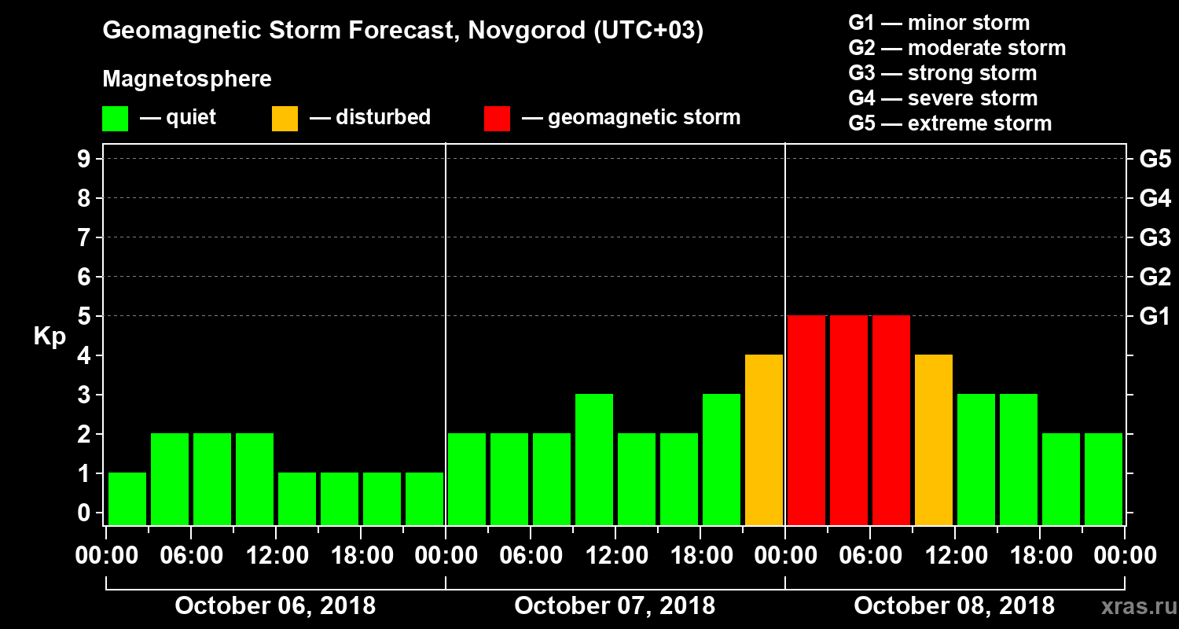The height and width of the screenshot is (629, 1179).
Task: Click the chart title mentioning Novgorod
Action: (x=402, y=31)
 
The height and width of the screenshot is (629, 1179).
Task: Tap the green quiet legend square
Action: (x=115, y=119)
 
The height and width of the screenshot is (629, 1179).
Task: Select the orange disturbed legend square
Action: (x=285, y=119)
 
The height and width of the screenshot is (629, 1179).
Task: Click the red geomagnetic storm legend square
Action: (x=497, y=119)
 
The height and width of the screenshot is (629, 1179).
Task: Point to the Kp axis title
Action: (x=49, y=336)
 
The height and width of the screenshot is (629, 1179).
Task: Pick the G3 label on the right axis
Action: (x=1155, y=237)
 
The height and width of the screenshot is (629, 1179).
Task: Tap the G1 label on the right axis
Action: (x=1155, y=316)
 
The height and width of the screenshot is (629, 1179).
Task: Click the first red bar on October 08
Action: (x=806, y=420)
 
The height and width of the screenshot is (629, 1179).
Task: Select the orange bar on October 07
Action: (x=764, y=440)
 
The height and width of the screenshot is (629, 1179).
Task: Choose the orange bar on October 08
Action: (x=934, y=440)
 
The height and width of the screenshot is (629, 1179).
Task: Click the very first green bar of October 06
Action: (x=127, y=498)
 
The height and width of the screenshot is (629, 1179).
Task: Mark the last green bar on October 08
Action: (x=1104, y=479)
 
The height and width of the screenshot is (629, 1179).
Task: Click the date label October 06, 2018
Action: (x=275, y=606)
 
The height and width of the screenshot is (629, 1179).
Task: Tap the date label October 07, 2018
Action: (x=615, y=606)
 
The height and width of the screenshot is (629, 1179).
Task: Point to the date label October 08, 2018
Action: (x=954, y=606)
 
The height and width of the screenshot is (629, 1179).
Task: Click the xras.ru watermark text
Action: (x=1133, y=606)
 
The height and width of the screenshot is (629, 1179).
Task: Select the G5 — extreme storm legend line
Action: (x=949, y=123)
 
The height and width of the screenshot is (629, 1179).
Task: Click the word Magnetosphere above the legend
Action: (x=187, y=79)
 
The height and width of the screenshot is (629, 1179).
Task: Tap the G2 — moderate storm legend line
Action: (x=957, y=48)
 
